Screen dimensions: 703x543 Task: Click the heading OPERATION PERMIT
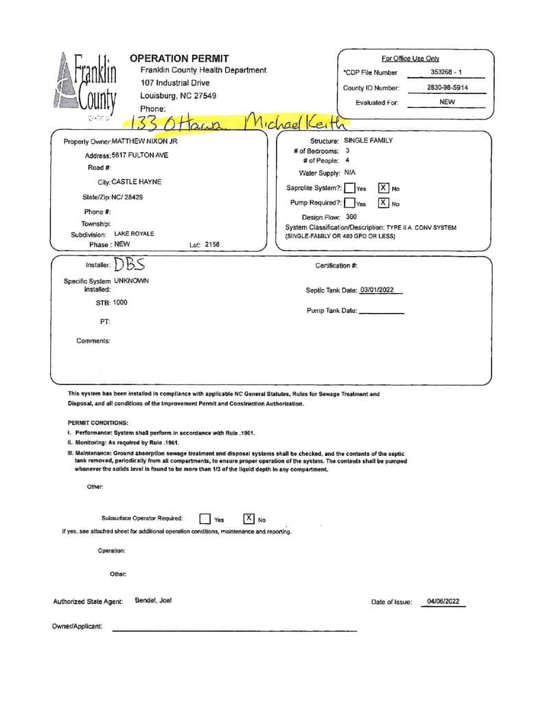tap(179, 58)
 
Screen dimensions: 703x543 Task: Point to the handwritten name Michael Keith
tap(295, 124)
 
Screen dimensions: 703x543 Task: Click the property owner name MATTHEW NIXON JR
tap(144, 141)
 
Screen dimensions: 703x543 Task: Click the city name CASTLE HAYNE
tap(137, 182)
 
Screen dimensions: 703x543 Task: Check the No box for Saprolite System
tap(384, 188)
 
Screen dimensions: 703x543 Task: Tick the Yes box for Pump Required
tap(350, 203)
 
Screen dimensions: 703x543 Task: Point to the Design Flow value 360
tap(351, 217)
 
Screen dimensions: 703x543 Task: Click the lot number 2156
tap(211, 244)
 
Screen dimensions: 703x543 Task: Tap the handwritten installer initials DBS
tap(129, 264)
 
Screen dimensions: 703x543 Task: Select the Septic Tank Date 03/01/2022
tap(381, 290)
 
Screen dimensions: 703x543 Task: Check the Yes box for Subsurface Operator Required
tap(205, 519)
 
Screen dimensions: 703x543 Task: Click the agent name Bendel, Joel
tap(153, 600)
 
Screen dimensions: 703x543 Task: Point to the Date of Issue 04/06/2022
tap(443, 601)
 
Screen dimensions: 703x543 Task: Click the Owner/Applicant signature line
tap(233, 628)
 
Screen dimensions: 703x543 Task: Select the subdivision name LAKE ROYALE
tap(134, 233)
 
